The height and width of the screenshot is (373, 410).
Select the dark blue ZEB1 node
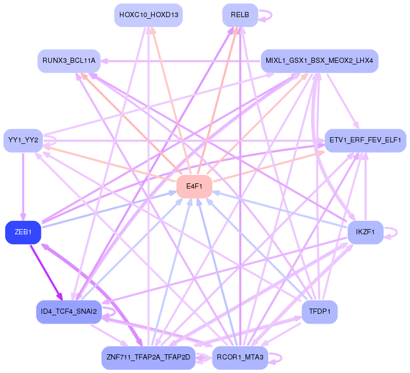pos(23,232)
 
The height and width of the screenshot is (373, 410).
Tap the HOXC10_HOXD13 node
pos(148,15)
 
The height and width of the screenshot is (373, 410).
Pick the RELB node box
pos(240,15)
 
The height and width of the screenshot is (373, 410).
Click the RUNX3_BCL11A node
pos(69,61)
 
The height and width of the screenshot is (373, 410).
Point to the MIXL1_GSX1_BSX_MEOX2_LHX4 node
pos(319,61)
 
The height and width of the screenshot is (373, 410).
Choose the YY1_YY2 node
pos(23,140)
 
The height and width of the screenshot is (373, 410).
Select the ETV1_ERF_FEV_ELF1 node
pos(365,140)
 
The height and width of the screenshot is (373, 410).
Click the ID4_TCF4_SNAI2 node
pos(69,312)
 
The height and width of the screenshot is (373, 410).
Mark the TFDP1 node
pos(319,312)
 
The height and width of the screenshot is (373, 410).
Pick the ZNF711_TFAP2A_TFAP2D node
pos(148,358)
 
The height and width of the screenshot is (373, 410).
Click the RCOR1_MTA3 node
pos(240,358)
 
